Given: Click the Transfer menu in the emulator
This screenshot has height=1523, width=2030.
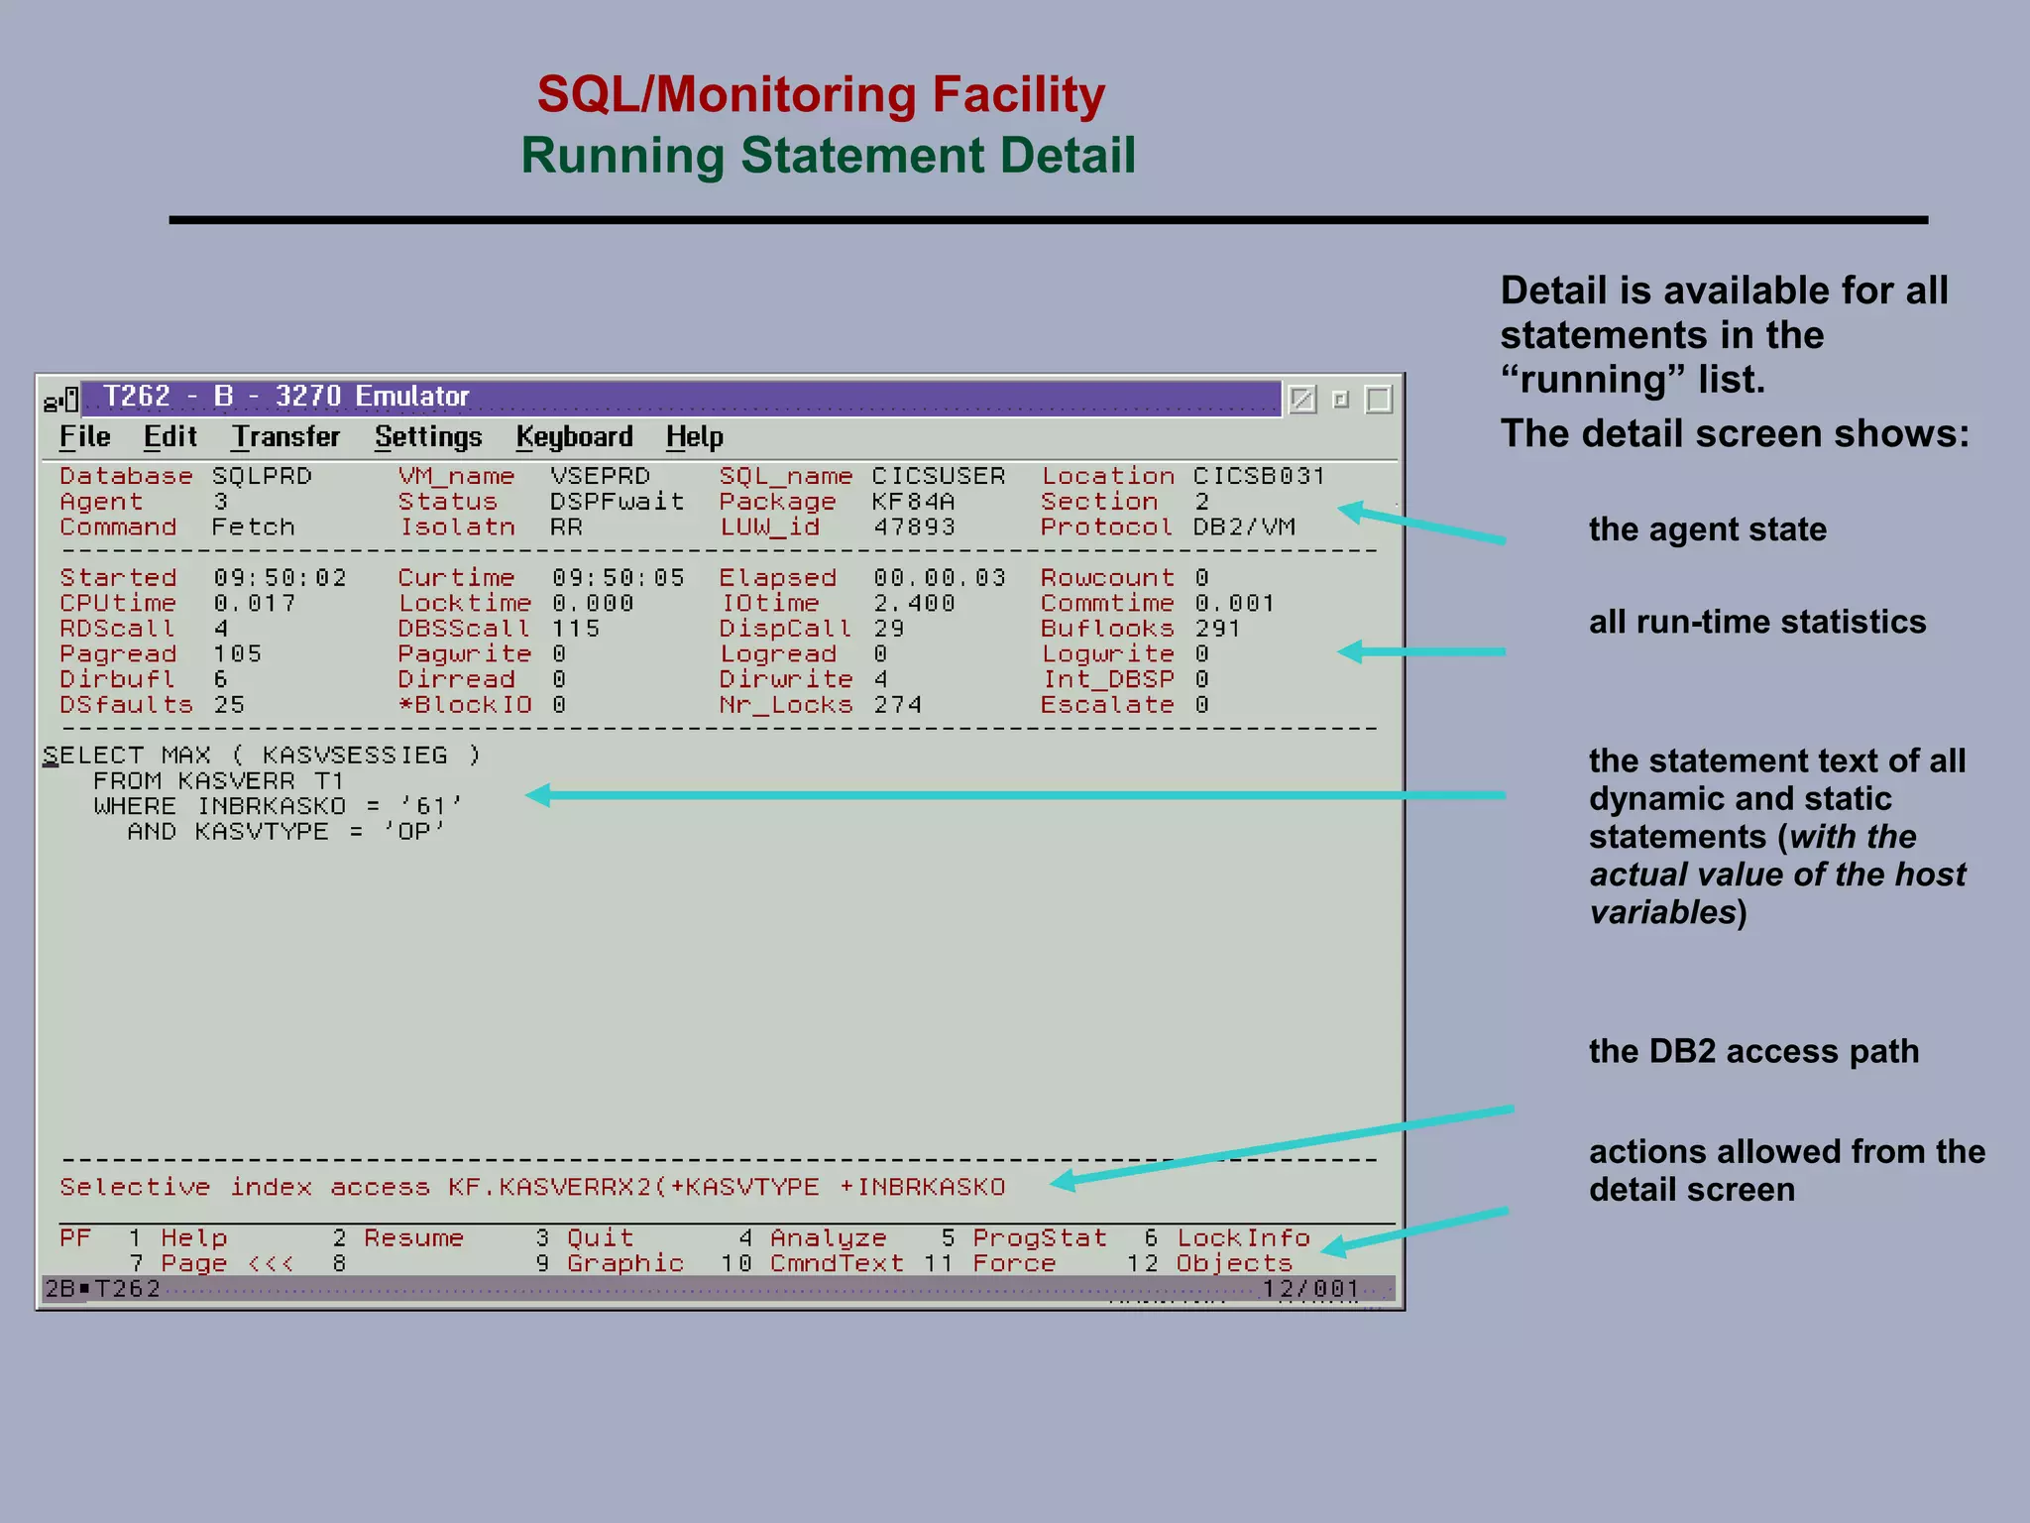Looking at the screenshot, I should [285, 437].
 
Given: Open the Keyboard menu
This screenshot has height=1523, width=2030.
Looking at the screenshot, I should [574, 437].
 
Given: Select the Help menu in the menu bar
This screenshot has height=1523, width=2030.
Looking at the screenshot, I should [694, 437].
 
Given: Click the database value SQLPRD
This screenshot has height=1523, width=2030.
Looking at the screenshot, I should [262, 476].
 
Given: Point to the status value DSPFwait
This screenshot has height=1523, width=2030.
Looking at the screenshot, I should [617, 502].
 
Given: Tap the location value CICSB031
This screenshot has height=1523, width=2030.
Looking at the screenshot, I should [1258, 476].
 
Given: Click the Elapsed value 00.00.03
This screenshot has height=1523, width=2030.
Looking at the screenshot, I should [939, 578].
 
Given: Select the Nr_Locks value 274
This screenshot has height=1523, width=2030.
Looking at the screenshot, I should [897, 705].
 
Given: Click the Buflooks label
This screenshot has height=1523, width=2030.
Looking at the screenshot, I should [1106, 629].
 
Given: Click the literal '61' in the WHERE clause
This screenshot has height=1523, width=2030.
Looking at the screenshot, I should [430, 806].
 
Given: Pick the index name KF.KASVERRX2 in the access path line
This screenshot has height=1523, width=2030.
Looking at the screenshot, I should [549, 1187].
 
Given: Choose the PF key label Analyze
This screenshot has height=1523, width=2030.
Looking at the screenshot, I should [828, 1238].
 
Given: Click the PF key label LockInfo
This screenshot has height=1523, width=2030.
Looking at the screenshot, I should [1243, 1238].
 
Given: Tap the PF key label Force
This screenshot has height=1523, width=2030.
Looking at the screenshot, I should [1013, 1264].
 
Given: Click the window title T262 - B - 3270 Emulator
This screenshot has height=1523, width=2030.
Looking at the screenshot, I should [285, 397].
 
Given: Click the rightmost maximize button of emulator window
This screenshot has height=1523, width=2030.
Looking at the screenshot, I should [1378, 400].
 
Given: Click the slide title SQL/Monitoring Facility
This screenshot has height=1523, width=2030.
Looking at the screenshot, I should [821, 95].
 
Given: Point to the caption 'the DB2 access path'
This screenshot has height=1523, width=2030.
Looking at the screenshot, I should [1753, 1051].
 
